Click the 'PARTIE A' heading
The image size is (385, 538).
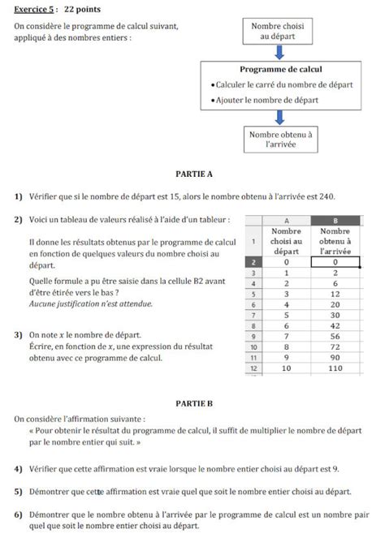pos(193,174)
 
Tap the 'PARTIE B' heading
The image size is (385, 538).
pos(193,402)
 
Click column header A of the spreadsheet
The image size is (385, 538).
pos(286,219)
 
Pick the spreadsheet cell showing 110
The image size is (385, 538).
pos(335,368)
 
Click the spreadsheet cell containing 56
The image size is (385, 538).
pos(335,336)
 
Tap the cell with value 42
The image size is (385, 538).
pos(335,325)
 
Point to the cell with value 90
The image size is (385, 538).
pos(335,357)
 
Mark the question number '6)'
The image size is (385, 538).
pos(18,514)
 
